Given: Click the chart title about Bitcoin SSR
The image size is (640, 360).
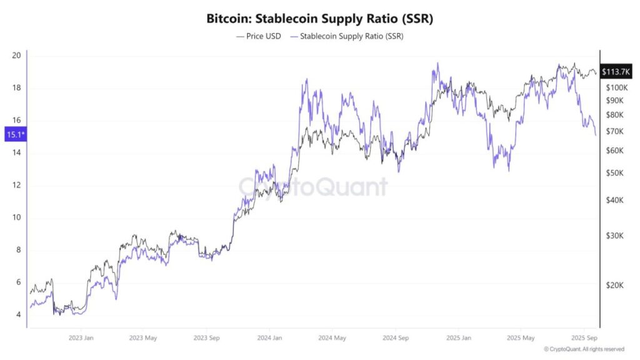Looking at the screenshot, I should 319,19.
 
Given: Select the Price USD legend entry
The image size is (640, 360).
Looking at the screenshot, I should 259,36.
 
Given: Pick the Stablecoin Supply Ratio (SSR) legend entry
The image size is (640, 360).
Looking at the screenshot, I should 347,36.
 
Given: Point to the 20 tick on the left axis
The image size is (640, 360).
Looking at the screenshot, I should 17,56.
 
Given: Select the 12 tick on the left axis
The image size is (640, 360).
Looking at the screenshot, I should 17,186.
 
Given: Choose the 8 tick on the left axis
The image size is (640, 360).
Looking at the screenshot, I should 19,250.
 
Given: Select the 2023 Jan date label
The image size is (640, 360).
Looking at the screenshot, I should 80,337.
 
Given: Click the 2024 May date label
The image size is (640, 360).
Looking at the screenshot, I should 332,337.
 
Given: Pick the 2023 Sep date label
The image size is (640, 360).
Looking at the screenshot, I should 206,337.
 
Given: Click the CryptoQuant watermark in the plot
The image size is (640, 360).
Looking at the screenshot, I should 313,186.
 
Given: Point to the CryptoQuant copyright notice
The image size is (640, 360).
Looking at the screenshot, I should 584,349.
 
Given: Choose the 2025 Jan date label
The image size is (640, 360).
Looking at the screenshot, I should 458,337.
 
